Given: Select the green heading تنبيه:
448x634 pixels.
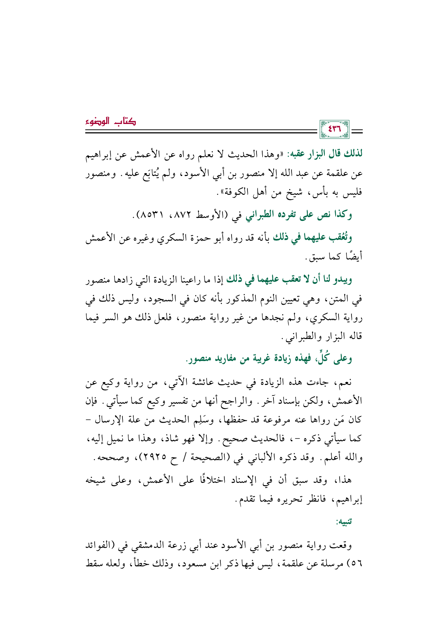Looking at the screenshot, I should point(344,522).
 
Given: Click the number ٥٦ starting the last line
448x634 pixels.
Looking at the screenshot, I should point(357,564).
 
